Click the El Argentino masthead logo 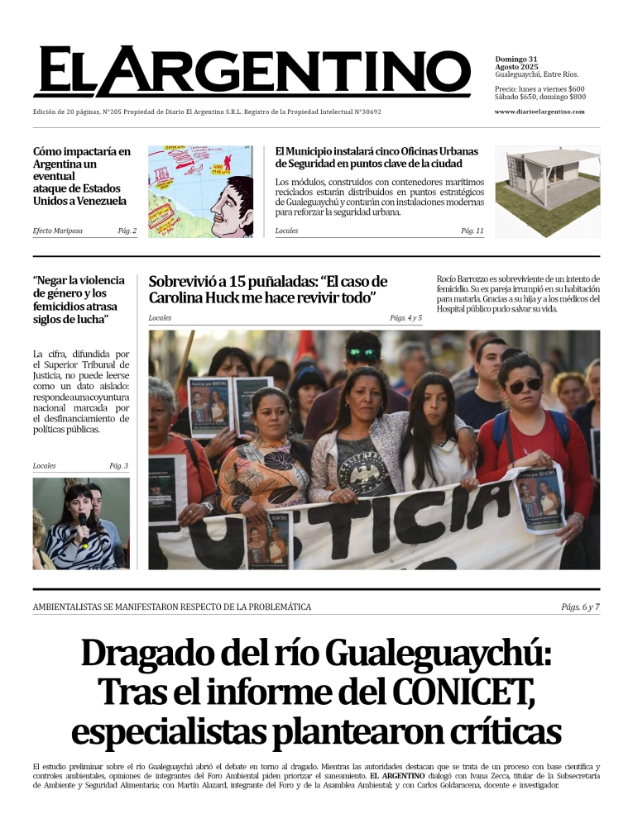pyautogui.click(x=252, y=72)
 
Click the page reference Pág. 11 pyautogui.click(x=472, y=231)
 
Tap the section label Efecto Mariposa pyautogui.click(x=57, y=231)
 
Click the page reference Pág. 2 pyautogui.click(x=127, y=231)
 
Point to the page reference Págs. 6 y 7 pyautogui.click(x=580, y=607)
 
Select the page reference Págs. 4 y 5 pyautogui.click(x=405, y=318)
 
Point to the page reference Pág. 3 pyautogui.click(x=119, y=466)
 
